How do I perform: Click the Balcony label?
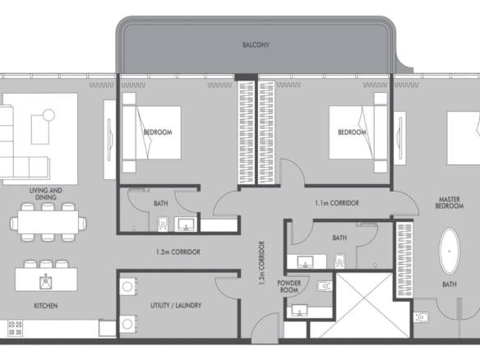tap(256, 44)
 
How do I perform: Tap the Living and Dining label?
tap(45, 194)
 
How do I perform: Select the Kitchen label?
tap(45, 306)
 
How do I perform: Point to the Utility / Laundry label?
tap(176, 305)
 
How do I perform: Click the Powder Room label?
tap(289, 286)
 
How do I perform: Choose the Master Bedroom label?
tap(449, 203)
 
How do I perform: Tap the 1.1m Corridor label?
tap(337, 203)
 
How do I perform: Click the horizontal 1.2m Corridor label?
tap(178, 252)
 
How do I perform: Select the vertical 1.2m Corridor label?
tap(261, 263)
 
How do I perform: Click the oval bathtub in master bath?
tap(450, 251)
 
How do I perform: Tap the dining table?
tap(48, 223)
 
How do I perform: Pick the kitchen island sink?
tap(45, 281)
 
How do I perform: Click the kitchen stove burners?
tap(15, 328)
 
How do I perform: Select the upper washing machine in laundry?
tap(127, 287)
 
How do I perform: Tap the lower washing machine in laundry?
tap(127, 324)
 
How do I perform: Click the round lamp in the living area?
tap(48, 115)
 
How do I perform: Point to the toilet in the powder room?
tap(325, 286)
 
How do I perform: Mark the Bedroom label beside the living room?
tap(158, 132)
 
